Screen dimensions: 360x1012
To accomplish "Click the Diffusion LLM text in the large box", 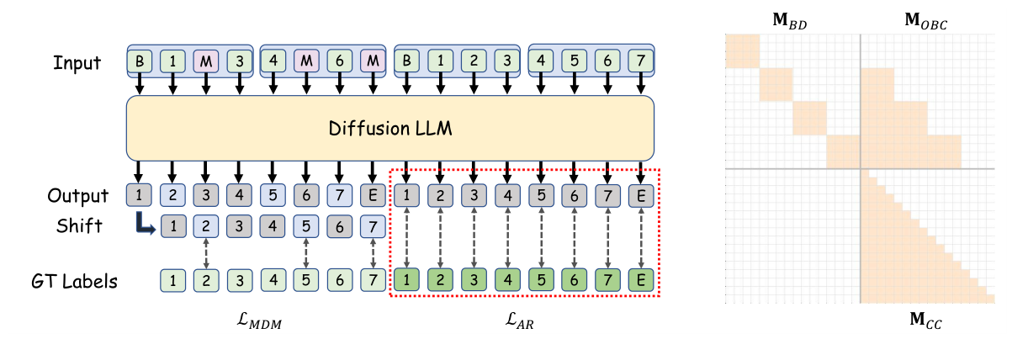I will click(389, 129).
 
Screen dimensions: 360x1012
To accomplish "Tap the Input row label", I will click(77, 62).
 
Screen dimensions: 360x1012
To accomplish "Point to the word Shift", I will click(79, 225).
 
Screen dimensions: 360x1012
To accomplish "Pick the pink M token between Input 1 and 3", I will click(206, 61).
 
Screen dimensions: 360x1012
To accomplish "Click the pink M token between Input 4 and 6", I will click(306, 61).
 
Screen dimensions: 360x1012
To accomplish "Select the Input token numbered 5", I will click(575, 61).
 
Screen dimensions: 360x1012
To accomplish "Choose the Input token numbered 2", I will click(474, 61).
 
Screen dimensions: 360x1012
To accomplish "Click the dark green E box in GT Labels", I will click(641, 280).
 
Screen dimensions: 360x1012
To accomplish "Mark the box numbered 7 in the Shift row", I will click(374, 226).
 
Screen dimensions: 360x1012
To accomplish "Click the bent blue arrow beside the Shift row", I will click(145, 224).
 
